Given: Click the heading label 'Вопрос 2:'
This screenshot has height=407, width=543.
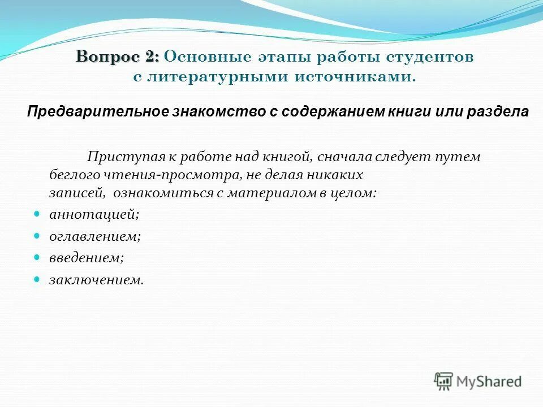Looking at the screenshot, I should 118,57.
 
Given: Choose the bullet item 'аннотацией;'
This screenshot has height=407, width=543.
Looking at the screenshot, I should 94,215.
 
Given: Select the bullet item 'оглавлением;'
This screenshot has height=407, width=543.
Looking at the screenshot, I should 95,236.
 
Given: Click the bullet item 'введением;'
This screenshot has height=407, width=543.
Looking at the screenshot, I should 87,258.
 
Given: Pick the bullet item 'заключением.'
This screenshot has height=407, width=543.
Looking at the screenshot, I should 97,279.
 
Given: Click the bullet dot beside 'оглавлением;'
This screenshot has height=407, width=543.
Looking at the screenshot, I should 37,235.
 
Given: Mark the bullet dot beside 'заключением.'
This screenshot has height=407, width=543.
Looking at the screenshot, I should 37,278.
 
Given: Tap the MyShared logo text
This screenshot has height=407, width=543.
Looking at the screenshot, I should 490,382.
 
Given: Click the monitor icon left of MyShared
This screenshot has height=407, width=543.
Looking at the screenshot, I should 444,381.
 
